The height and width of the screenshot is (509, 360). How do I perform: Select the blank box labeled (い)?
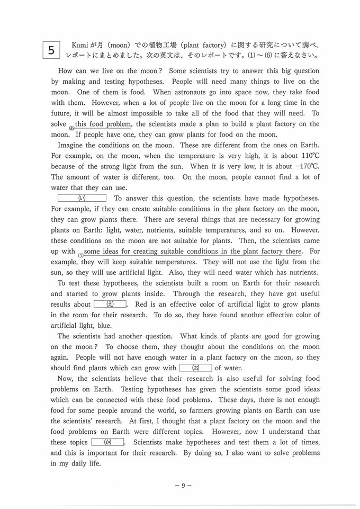(82, 198)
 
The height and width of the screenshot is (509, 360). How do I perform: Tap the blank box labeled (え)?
(110, 304)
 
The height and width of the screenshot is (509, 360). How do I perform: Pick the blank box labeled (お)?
(195, 368)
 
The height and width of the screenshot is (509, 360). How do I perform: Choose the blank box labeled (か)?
(107, 442)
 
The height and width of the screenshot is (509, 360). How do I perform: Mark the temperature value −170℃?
(308, 166)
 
